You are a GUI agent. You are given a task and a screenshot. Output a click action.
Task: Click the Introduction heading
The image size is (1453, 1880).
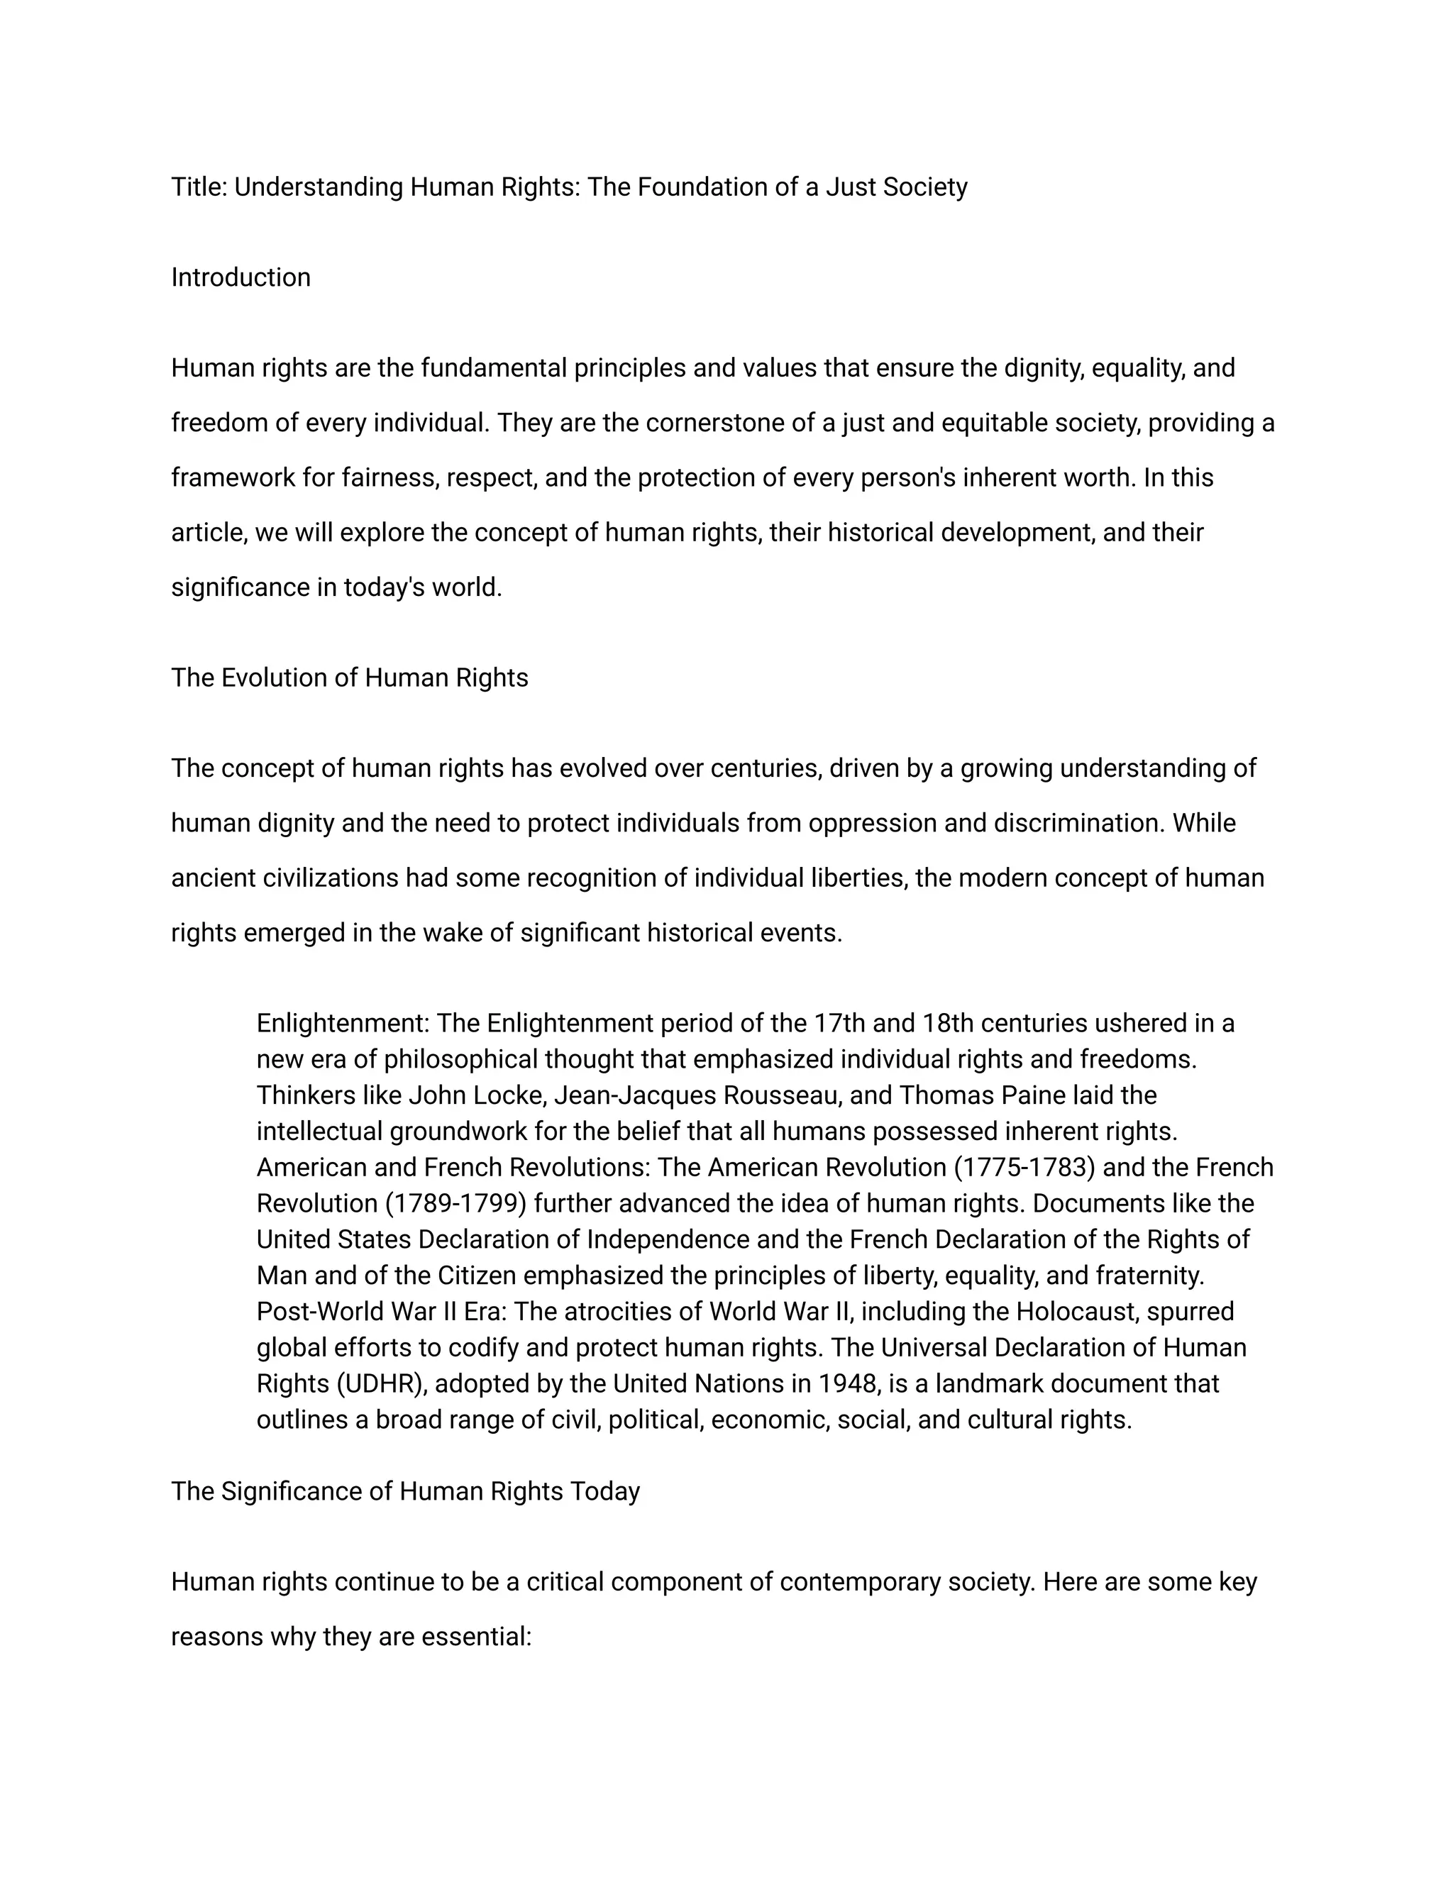[241, 277]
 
